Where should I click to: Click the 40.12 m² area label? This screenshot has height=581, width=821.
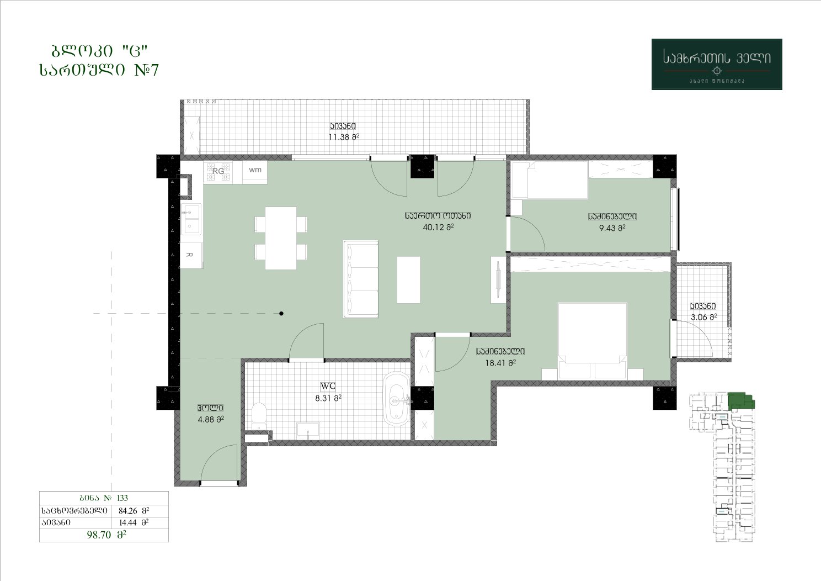pos(438,227)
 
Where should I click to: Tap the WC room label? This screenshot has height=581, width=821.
pos(328,386)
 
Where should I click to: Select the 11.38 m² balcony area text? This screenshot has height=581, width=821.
pos(344,137)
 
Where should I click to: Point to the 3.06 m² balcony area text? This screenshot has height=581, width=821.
pos(703,317)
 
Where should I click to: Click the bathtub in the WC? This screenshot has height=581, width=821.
pos(396,399)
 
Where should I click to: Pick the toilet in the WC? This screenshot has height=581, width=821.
pos(260,416)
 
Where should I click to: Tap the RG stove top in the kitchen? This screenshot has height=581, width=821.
pos(218,171)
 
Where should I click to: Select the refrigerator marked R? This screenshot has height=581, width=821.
pos(191,255)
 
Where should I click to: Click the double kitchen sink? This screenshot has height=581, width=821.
pos(190,219)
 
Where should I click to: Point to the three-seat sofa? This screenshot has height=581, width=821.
pos(361,279)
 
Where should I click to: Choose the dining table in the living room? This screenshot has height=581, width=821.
pos(281,238)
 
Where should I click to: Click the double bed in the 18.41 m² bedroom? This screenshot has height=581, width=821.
pos(592,341)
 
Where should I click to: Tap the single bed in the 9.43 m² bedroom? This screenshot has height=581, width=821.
pos(550,180)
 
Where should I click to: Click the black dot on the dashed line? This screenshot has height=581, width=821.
pos(281,314)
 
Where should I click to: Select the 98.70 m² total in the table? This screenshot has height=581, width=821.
pos(106,535)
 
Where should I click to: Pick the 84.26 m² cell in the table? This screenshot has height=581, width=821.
pos(134,510)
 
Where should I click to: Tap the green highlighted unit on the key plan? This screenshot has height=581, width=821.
pos(740,401)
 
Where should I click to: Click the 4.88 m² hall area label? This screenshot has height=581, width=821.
pos(211,419)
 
